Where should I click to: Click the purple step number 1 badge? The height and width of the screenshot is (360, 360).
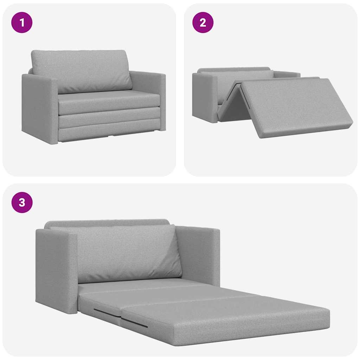(x=22, y=22)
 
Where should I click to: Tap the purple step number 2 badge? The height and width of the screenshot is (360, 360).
(x=202, y=22)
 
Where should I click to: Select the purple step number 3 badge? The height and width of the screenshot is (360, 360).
(x=22, y=202)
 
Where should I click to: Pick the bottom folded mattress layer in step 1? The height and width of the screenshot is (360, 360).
(x=109, y=132)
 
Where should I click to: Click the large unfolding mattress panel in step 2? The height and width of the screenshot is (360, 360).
(x=295, y=105)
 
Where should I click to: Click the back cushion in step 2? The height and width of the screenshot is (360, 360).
(x=243, y=79)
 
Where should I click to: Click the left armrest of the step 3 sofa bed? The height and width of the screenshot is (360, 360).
(x=56, y=271)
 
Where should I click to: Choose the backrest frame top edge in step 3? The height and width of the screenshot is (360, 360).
(x=105, y=223)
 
